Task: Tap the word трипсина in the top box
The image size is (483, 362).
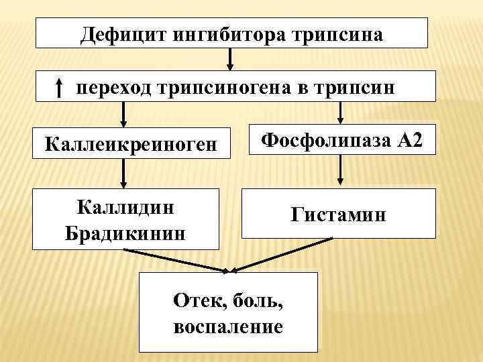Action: click(x=338, y=34)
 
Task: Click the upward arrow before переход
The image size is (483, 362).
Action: click(x=59, y=87)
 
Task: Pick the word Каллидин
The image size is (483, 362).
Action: click(x=126, y=206)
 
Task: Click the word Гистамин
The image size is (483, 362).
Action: click(x=339, y=215)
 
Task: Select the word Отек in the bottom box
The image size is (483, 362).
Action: click(x=198, y=299)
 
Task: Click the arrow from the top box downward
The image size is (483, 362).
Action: click(x=231, y=58)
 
